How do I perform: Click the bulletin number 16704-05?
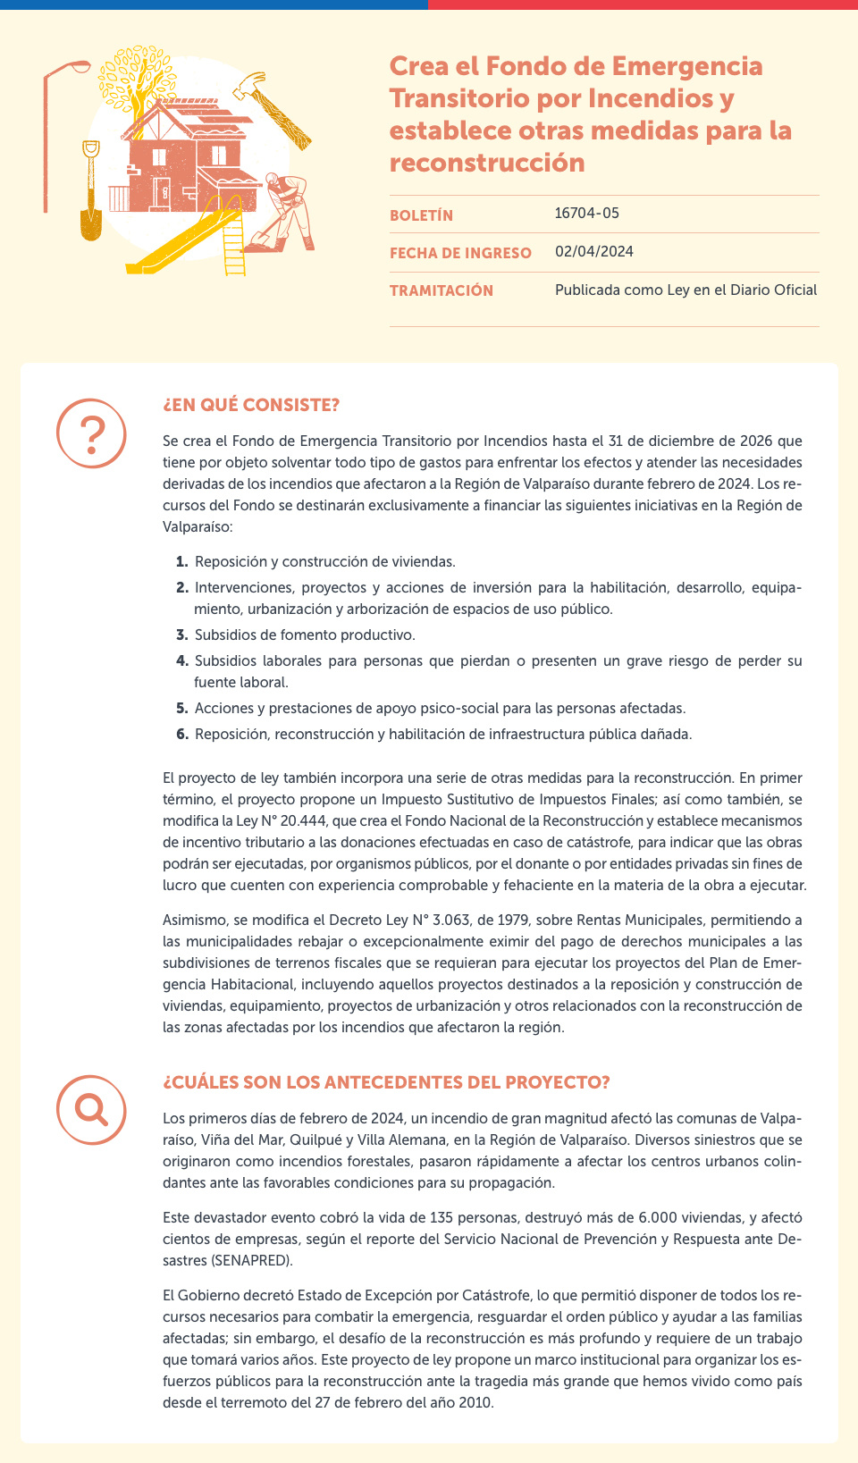tap(586, 214)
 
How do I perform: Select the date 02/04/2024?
tap(593, 252)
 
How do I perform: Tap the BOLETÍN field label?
tap(421, 215)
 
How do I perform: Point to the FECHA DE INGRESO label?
tap(460, 253)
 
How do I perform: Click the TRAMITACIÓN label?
tap(442, 290)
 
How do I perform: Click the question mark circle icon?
tap(92, 433)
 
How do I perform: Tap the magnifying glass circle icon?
tap(92, 1109)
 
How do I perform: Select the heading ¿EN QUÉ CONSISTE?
tap(251, 405)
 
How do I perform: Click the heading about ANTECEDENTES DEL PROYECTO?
tap(386, 1082)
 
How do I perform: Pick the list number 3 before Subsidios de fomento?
tap(181, 635)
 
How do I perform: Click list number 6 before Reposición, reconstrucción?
tap(181, 735)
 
